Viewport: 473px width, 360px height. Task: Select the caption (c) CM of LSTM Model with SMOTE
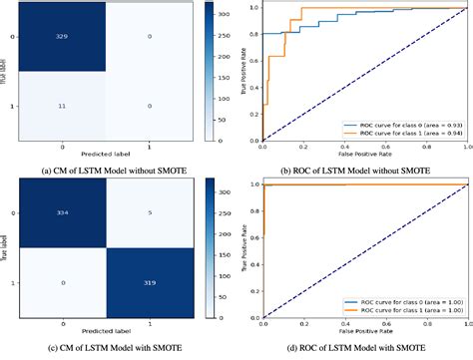(119, 345)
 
